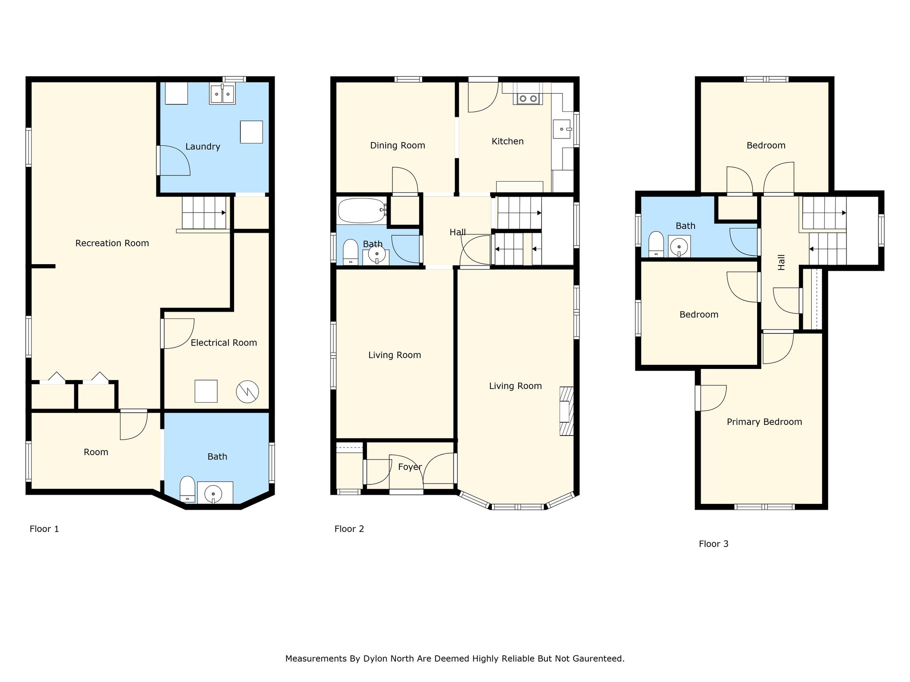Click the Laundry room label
pyautogui.click(x=203, y=147)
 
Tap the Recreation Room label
pyautogui.click(x=112, y=243)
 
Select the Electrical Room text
pyautogui.click(x=224, y=343)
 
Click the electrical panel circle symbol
pyautogui.click(x=247, y=392)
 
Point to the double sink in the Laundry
pyautogui.click(x=222, y=94)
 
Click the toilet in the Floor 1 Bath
pyautogui.click(x=188, y=489)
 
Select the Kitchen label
pyautogui.click(x=507, y=142)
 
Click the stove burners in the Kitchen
pyautogui.click(x=527, y=99)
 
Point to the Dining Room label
pyautogui.click(x=398, y=146)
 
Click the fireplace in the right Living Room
pyautogui.click(x=566, y=411)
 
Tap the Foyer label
pyautogui.click(x=410, y=467)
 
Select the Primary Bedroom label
pyautogui.click(x=764, y=422)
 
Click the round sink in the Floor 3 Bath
pyautogui.click(x=679, y=246)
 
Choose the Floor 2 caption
pyautogui.click(x=349, y=529)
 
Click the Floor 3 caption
pyautogui.click(x=714, y=544)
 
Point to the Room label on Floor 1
pyautogui.click(x=96, y=452)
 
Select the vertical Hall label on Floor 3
pyautogui.click(x=782, y=262)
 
